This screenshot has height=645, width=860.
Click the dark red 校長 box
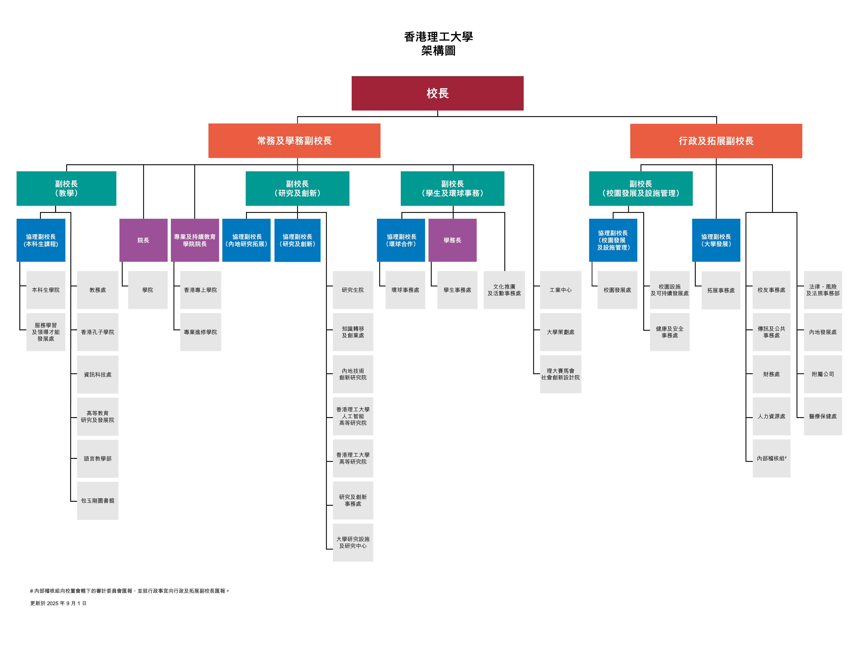(437, 93)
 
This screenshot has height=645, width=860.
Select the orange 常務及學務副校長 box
(294, 141)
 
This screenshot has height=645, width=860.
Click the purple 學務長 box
(453, 240)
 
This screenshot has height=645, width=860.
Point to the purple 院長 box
(143, 240)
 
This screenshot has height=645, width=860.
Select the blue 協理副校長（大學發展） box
(716, 240)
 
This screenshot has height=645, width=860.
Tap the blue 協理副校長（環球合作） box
(401, 240)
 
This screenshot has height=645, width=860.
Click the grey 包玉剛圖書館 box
(98, 501)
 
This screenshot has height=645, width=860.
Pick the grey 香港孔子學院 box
(98, 332)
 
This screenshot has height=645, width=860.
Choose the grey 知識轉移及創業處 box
(353, 332)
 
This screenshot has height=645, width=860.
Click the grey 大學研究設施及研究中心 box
(353, 542)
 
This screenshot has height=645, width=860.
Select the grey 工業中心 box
(561, 290)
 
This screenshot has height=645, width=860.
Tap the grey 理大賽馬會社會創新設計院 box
(561, 374)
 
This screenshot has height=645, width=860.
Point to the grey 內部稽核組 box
(771, 458)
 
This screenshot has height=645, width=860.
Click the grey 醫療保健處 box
(823, 416)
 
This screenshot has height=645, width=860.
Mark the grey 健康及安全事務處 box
(670, 332)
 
